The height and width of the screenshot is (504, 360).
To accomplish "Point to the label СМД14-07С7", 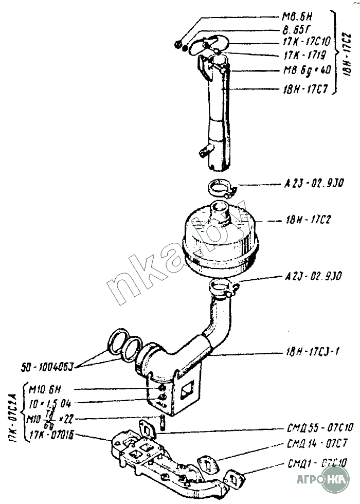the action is tap(319, 443).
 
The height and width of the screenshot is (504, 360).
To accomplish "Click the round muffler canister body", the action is tap(219, 242).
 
